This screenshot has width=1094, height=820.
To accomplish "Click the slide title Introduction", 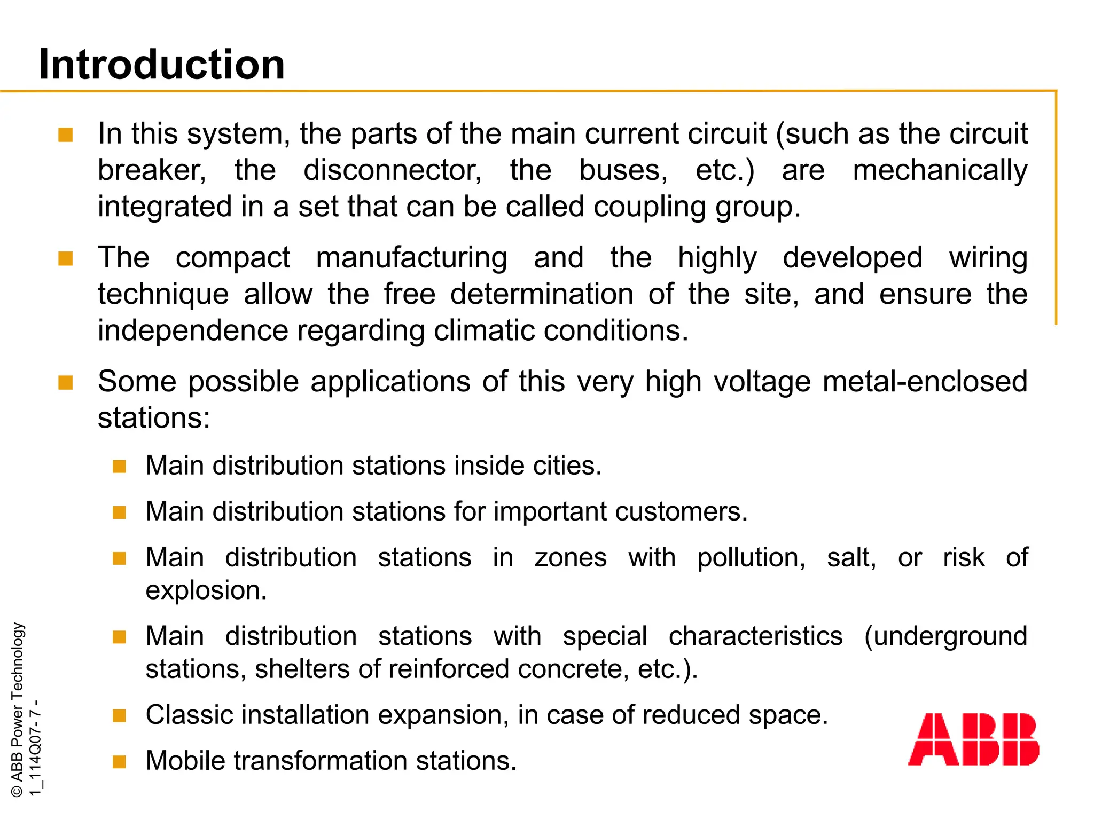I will coord(162,65).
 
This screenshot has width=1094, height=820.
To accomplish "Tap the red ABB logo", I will coord(973,739).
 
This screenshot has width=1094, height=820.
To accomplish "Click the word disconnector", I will coord(393,170).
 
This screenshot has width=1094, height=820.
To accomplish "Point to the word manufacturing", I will coord(411,258).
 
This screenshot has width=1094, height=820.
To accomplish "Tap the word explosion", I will coord(206,590).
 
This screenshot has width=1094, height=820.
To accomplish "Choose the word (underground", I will coord(945,636).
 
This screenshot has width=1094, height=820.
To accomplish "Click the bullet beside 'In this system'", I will coord(66,135).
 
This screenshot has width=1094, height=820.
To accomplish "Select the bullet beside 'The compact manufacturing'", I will coord(66,259).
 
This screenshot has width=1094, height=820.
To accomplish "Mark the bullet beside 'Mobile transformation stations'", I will coord(119,762).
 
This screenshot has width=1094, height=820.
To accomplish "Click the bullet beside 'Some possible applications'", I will coord(66,383).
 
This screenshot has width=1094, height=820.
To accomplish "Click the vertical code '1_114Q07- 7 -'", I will coord(35,747).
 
